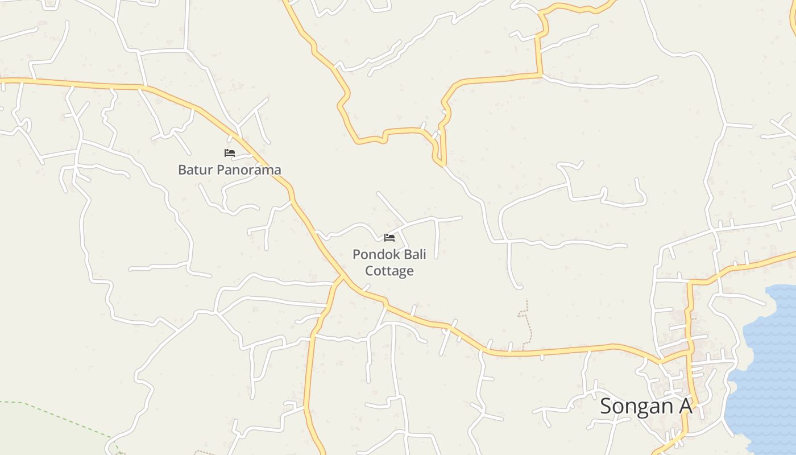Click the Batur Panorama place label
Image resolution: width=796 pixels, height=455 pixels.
pyautogui.click(x=229, y=169)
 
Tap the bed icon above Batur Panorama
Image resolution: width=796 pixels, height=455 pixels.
pyautogui.click(x=230, y=153)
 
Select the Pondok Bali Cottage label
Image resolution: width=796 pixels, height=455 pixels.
pyautogui.click(x=389, y=262)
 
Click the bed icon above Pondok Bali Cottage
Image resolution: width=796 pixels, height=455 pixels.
pyautogui.click(x=389, y=237)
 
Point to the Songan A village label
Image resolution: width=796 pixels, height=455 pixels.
pyautogui.click(x=646, y=406)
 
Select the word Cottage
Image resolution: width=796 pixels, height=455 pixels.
pyautogui.click(x=389, y=271)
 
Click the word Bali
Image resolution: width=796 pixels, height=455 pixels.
pyautogui.click(x=413, y=254)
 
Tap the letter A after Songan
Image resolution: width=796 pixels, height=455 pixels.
pyautogui.click(x=685, y=406)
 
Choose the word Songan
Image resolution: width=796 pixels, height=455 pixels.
pyautogui.click(x=636, y=406)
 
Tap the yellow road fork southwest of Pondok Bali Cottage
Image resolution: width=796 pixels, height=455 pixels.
pyautogui.click(x=341, y=278)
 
